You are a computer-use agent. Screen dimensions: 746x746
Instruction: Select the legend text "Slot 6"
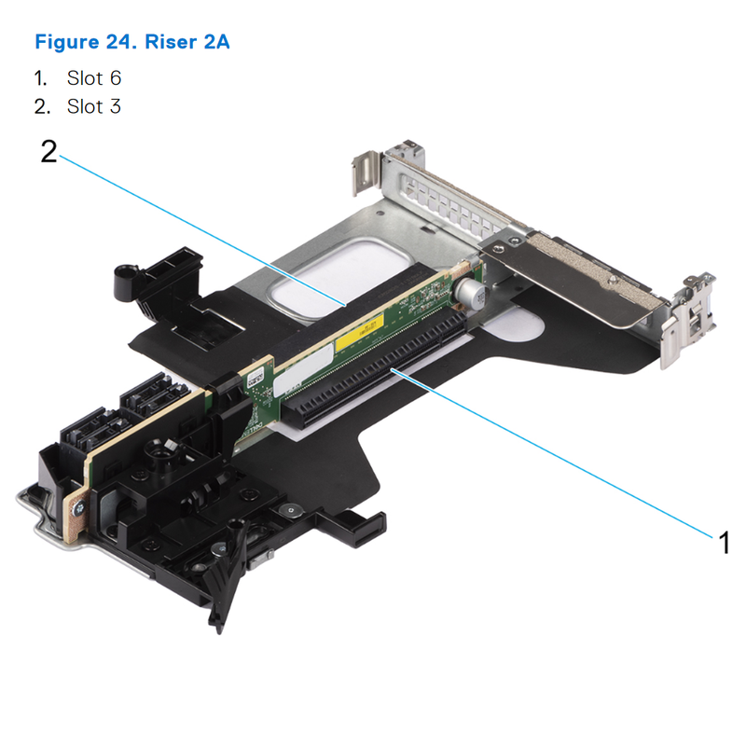point(94,78)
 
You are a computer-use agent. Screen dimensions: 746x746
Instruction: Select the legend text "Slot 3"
point(94,106)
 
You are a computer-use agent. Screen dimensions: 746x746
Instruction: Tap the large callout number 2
point(48,152)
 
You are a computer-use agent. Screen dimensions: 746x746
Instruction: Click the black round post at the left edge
point(122,275)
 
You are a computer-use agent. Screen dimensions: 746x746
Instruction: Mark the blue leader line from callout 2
point(205,229)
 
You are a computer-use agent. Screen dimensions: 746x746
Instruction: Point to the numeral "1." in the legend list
point(41,78)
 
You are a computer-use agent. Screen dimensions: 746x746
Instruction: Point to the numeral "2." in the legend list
point(41,106)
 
